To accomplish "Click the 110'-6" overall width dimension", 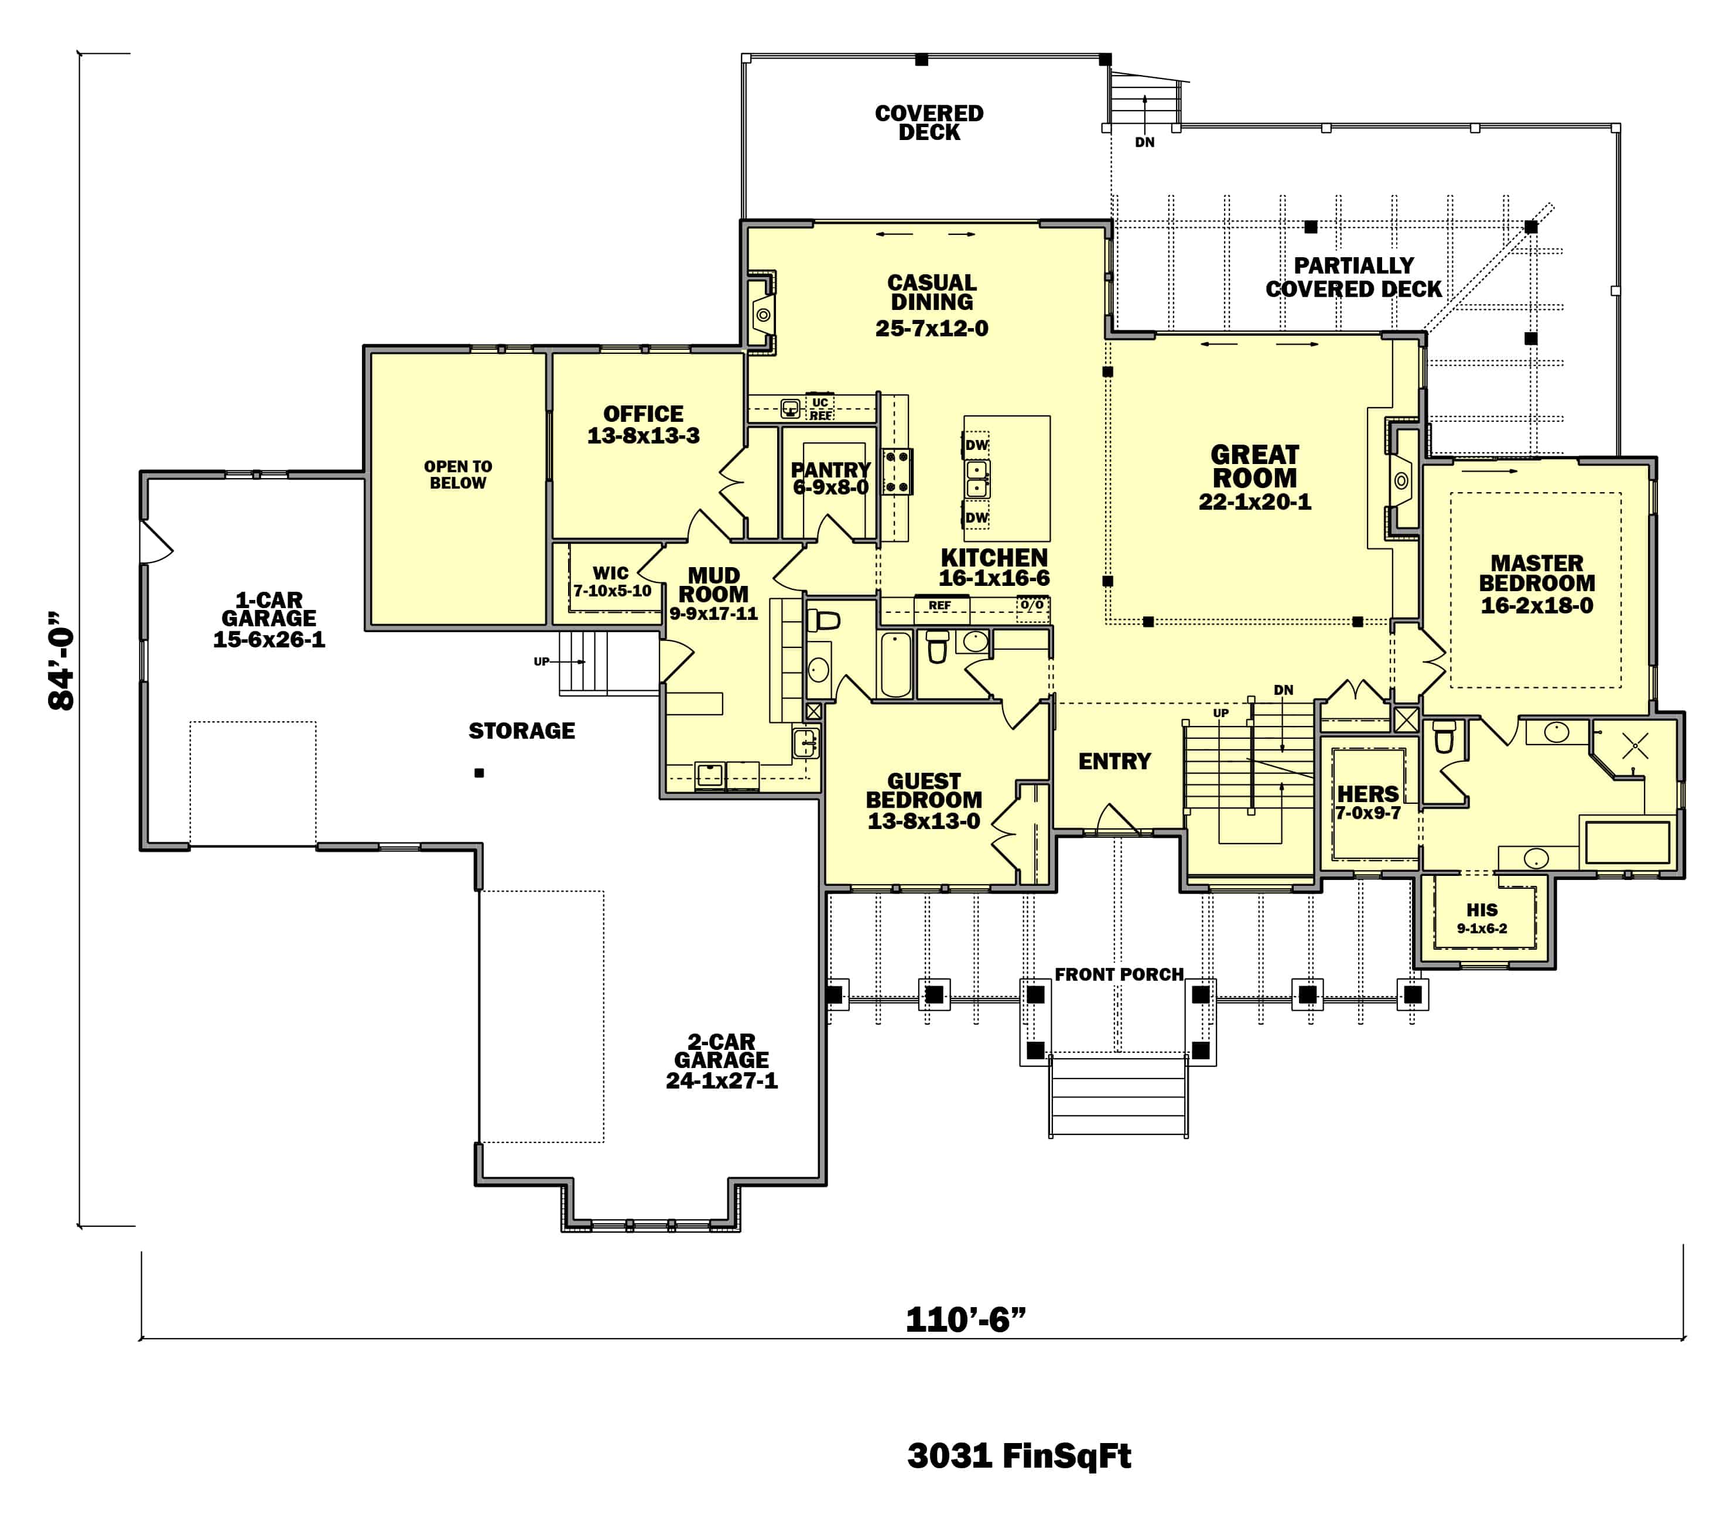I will [x=965, y=1320].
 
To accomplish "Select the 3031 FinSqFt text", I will [x=1018, y=1455].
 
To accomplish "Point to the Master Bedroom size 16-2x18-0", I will [x=1536, y=605].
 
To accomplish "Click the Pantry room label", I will [x=830, y=470].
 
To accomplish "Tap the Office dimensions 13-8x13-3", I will [x=643, y=436].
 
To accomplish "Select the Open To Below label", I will [x=458, y=475].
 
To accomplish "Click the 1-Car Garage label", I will [x=268, y=609].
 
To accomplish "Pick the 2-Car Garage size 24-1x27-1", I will [x=721, y=1080].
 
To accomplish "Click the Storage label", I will [x=521, y=731].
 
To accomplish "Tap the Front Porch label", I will [x=1118, y=974].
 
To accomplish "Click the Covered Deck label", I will [x=928, y=123].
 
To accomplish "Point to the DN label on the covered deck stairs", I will [x=1144, y=142].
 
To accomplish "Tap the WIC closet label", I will [x=610, y=573].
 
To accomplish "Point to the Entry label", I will [x=1114, y=761].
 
